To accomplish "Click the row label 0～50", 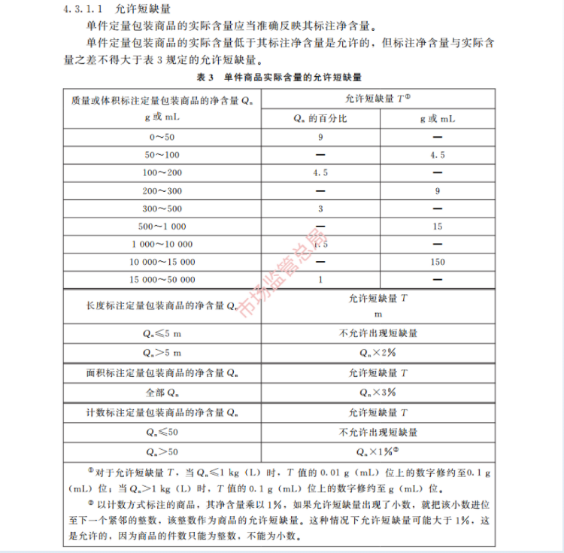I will [x=162, y=137].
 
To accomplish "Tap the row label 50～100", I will [x=162, y=155].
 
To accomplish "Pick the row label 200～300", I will [x=162, y=190].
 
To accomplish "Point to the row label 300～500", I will [x=162, y=208].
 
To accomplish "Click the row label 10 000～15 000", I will [x=162, y=262].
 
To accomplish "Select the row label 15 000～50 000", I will [x=162, y=280].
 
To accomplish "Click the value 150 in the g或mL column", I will [x=437, y=262].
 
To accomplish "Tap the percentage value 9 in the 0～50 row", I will [x=320, y=137].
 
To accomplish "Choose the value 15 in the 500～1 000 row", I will [x=437, y=226].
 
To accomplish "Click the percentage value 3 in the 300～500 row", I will [x=320, y=208].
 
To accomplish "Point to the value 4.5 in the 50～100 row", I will [x=437, y=155].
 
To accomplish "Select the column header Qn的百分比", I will [x=320, y=119].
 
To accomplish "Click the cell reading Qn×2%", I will [x=378, y=352].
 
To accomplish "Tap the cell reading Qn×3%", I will [x=378, y=393].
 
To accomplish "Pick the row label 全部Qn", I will [x=162, y=393].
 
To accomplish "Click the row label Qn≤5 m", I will [x=162, y=333].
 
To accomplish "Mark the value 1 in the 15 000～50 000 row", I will [x=320, y=280].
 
